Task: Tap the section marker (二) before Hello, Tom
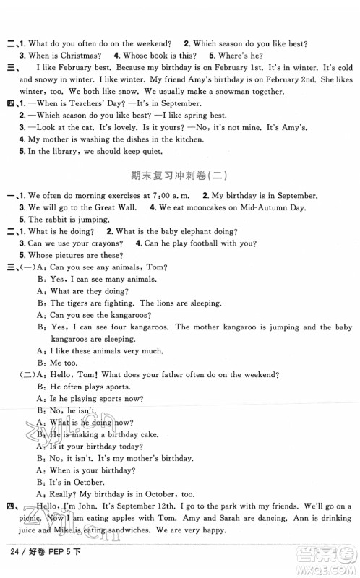[22, 375]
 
